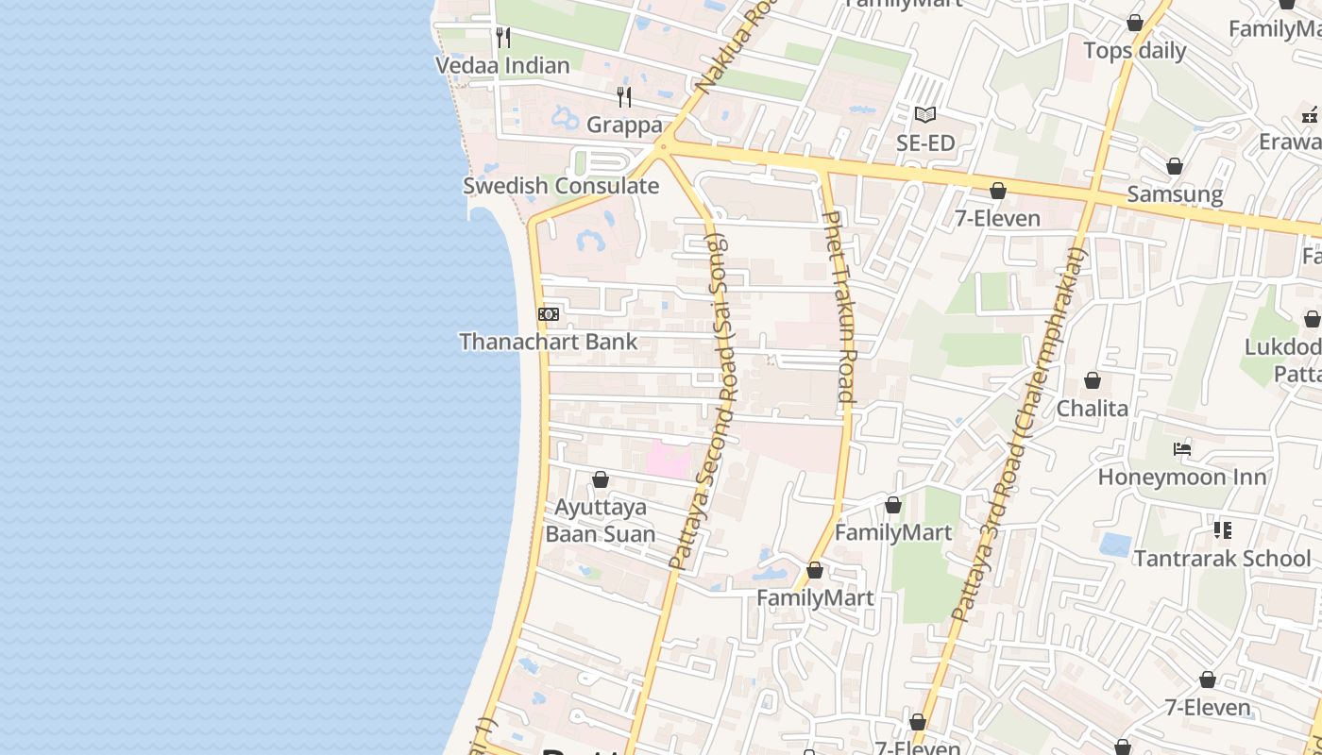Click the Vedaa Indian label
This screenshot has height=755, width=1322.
(502, 65)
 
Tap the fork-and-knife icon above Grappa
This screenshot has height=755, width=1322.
(623, 96)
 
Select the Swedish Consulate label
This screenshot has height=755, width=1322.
(561, 186)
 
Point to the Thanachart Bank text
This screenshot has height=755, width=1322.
(549, 342)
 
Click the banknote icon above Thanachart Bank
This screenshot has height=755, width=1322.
(549, 314)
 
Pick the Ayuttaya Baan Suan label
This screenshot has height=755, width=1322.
(601, 521)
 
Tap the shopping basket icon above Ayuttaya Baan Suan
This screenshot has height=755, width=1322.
(601, 480)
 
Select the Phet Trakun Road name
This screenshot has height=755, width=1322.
(839, 307)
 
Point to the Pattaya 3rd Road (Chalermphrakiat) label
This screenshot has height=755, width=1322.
(1020, 434)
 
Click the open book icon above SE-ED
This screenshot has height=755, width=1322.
(925, 115)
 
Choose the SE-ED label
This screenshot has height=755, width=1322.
(925, 143)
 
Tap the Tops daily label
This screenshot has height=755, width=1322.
(1134, 51)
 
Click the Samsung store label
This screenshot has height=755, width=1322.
(1175, 195)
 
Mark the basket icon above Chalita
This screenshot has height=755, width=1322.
(1093, 380)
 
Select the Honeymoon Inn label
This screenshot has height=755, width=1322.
(1181, 478)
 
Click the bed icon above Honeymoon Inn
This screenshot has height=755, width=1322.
(1181, 449)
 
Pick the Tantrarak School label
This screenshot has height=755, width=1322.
(1222, 559)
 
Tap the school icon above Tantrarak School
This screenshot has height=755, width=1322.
(1223, 530)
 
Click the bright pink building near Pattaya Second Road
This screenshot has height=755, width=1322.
(668, 460)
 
